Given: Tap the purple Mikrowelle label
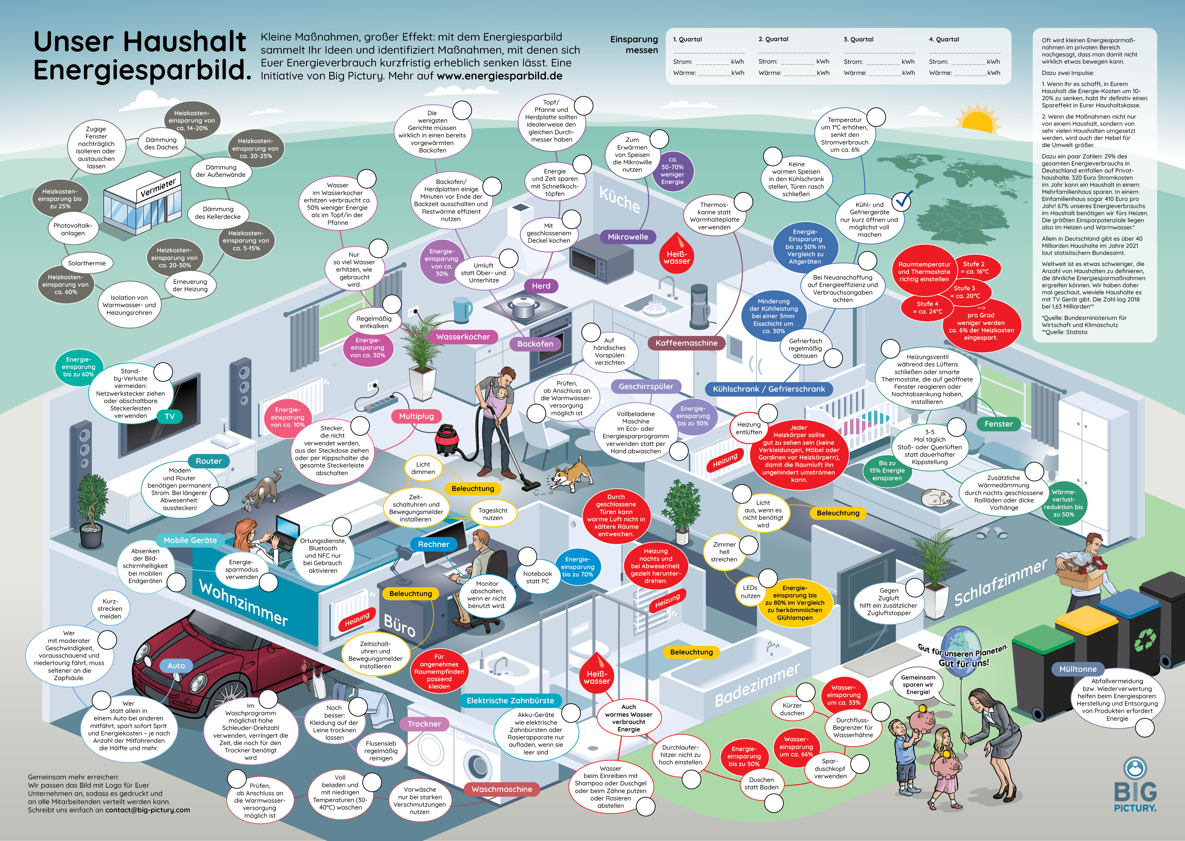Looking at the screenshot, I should click(628, 237).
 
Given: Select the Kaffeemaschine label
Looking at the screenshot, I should click(686, 343).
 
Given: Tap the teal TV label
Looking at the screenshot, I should click(170, 416).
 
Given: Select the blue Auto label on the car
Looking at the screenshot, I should click(176, 665).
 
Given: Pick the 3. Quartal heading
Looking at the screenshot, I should click(858, 39).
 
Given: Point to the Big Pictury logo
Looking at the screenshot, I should click(1135, 785).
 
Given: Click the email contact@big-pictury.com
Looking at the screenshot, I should click(148, 810).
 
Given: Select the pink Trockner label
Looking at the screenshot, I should click(424, 724).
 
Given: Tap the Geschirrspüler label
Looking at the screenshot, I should click(646, 386).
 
